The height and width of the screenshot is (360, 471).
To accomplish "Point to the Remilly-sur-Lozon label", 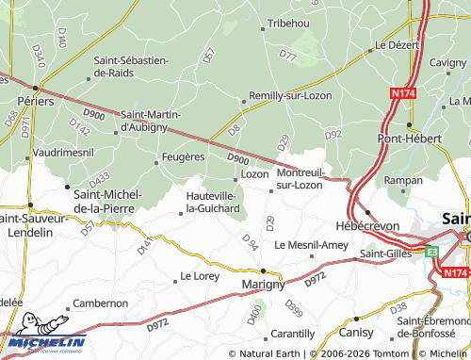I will [289, 96].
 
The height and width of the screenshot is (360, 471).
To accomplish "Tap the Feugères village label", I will [183, 156].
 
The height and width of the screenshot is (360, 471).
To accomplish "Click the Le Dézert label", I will [396, 44].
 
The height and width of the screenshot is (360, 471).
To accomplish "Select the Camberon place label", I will [101, 303].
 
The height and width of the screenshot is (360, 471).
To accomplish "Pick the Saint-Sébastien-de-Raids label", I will [131, 66].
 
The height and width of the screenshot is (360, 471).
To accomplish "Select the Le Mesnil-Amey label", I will [311, 245].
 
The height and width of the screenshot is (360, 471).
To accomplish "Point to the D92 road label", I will [333, 136].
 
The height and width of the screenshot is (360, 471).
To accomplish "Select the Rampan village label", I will [403, 180].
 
